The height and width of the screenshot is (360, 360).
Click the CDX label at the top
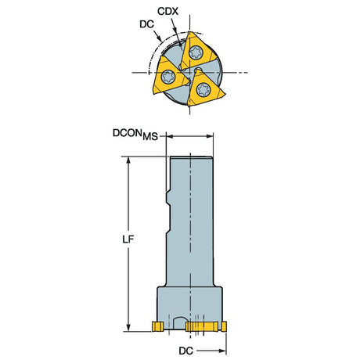point(167,11)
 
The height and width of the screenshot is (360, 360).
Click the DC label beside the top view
point(146,24)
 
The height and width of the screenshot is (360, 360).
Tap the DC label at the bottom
point(186,351)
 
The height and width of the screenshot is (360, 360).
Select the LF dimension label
point(128,239)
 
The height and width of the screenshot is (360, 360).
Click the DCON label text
point(128,133)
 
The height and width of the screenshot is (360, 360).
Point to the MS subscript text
point(150,136)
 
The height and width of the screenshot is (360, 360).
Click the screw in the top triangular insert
point(196,52)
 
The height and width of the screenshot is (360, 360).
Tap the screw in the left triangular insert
point(168,77)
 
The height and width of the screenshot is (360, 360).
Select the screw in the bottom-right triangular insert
point(203,89)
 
